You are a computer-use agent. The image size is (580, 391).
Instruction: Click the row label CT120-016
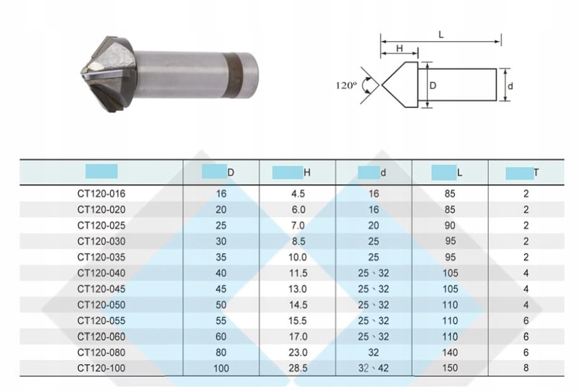point(101,194)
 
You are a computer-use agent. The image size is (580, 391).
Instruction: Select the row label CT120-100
point(101,368)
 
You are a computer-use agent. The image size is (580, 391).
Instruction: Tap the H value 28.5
point(298,368)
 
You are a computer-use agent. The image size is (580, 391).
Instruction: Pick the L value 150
point(450,368)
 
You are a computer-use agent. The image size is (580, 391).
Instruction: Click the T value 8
point(526,368)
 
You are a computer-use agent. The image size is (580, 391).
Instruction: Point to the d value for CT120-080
point(374,352)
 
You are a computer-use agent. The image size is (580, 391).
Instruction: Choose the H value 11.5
point(298,273)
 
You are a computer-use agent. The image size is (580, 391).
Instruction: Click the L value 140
point(450,352)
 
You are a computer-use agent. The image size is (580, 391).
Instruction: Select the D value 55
point(221,321)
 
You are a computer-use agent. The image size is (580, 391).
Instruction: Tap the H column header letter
point(307,173)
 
